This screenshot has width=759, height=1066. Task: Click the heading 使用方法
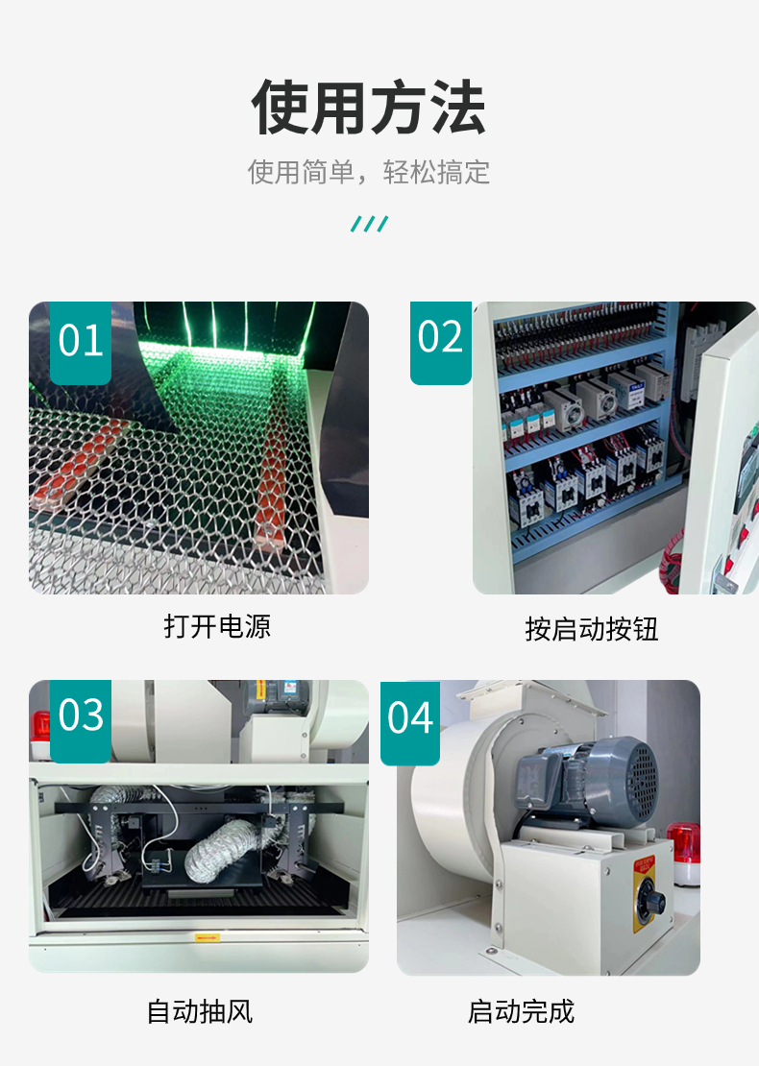point(369,107)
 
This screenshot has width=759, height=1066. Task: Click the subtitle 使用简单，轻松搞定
point(369,173)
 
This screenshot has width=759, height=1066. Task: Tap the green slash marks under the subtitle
point(369,225)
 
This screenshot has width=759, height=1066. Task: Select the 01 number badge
point(80,341)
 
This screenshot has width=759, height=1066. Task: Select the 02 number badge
point(440,338)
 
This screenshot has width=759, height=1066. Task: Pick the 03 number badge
point(80,716)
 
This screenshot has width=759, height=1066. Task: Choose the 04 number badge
point(410,718)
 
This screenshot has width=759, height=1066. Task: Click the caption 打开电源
point(217,626)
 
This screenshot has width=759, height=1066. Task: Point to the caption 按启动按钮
point(591,629)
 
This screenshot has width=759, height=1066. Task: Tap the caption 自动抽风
point(199,1011)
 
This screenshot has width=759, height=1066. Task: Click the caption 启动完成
point(521,1011)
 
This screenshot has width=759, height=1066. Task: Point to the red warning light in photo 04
point(684,850)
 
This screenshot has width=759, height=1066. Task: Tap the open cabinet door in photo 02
point(727,471)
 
